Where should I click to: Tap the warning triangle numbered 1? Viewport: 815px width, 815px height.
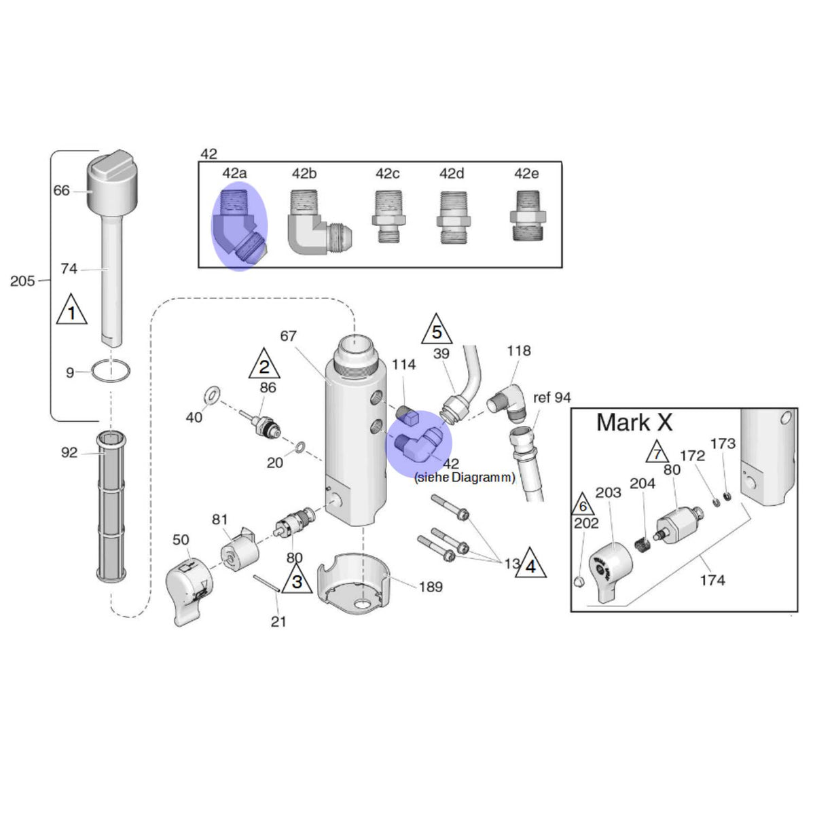71,309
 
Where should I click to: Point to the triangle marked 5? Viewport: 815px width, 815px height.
437,329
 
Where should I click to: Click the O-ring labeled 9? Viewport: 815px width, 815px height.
111,371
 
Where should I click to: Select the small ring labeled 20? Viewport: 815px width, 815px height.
301,447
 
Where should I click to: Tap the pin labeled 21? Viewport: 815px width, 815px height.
266,583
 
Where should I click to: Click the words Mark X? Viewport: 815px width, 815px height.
634,422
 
